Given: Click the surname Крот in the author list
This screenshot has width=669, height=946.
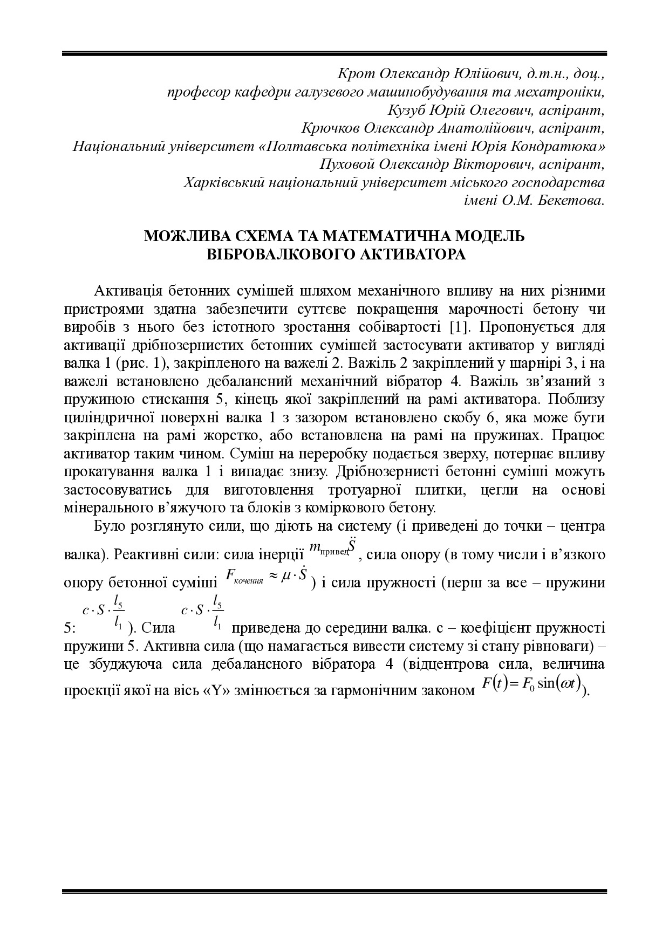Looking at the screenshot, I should click(x=353, y=73).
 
